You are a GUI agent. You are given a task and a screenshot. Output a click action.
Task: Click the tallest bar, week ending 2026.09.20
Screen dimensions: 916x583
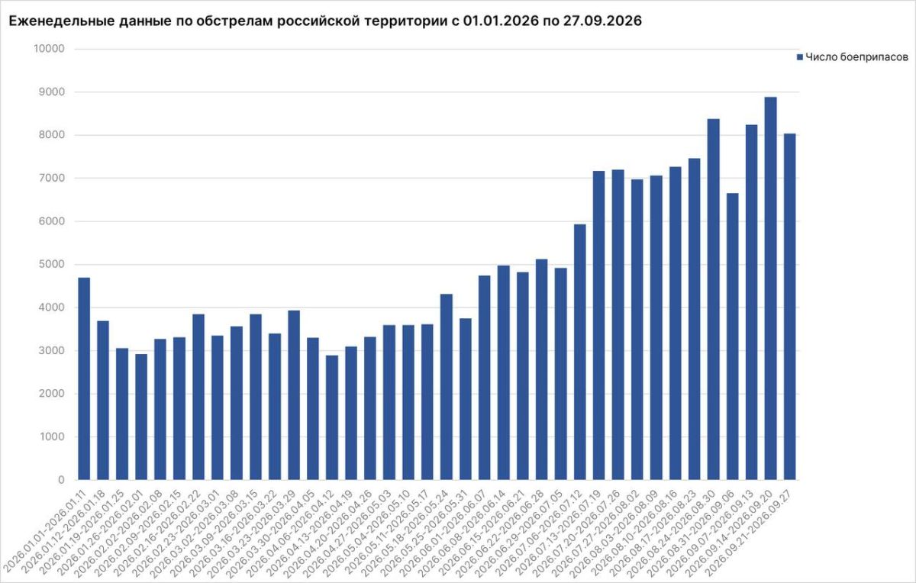click(x=770, y=288)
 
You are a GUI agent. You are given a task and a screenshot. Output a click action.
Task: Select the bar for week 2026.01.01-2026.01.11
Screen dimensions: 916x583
click(x=84, y=378)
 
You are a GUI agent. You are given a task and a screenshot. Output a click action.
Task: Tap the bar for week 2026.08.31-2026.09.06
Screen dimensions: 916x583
click(x=732, y=337)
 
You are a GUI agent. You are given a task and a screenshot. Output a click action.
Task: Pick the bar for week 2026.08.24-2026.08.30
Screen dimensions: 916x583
click(x=713, y=299)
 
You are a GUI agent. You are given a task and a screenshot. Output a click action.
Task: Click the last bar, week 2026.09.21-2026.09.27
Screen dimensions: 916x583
click(x=789, y=307)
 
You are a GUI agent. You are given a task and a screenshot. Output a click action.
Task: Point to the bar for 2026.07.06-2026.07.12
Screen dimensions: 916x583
click(x=580, y=352)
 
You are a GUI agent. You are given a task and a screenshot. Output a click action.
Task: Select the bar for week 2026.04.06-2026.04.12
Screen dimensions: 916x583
click(x=331, y=417)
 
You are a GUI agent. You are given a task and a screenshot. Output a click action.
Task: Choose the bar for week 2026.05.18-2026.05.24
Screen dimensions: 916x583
click(x=446, y=387)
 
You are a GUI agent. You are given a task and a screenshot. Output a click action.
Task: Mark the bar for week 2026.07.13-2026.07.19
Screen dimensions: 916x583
click(x=598, y=325)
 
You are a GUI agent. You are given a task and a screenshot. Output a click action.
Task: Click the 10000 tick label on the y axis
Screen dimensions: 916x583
click(x=49, y=49)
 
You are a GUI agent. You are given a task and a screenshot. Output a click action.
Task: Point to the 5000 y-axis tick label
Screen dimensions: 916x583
click(x=53, y=264)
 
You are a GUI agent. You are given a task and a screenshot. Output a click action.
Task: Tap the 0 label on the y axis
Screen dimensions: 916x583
click(x=61, y=479)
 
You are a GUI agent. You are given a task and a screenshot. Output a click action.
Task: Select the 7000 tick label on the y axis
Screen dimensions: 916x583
click(x=53, y=178)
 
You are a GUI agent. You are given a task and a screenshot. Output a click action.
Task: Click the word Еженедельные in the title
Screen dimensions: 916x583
click(x=61, y=21)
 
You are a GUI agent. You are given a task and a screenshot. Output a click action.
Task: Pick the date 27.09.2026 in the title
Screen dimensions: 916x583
click(x=602, y=21)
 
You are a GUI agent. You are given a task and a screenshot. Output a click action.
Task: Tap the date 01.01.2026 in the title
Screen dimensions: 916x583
click(x=501, y=21)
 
